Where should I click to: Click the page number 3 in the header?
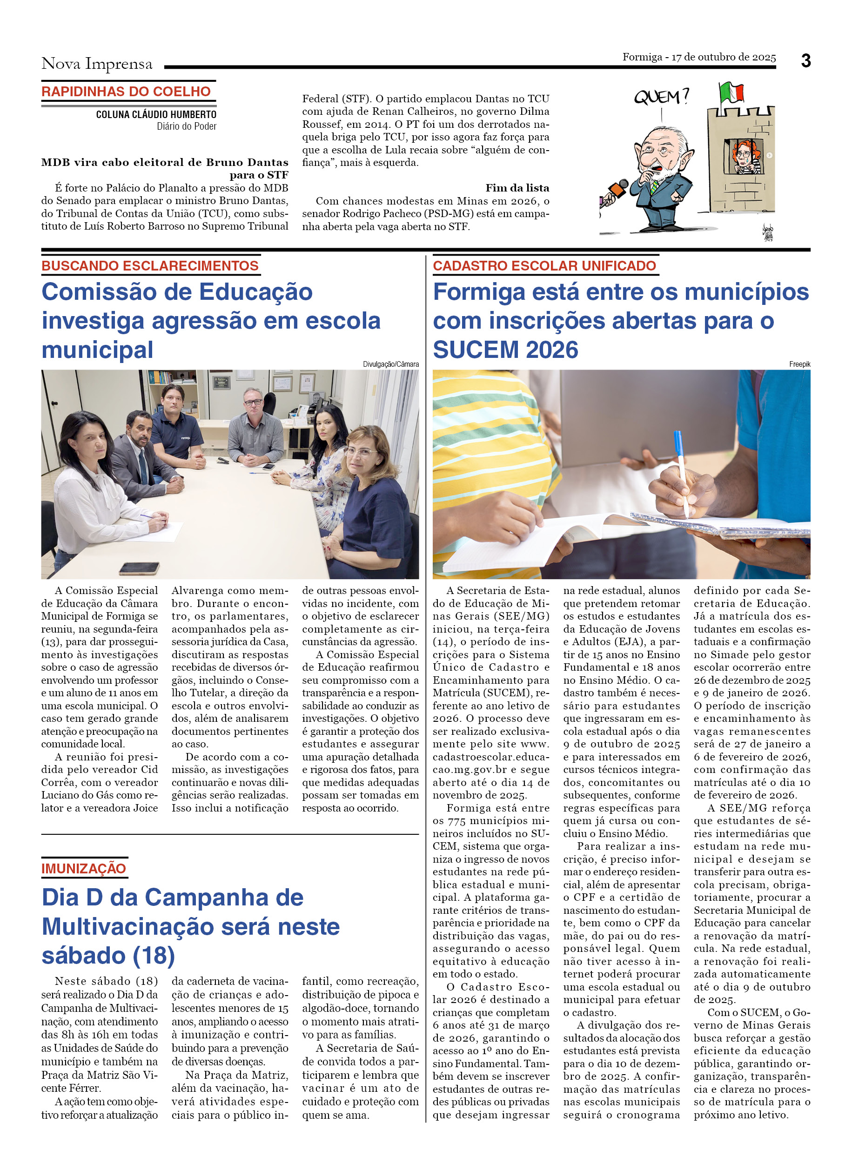(805, 61)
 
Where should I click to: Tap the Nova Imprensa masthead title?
(97, 64)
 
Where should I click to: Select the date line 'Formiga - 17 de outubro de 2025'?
(698, 57)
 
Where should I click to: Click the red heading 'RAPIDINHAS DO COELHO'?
(126, 92)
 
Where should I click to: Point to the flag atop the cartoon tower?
(731, 92)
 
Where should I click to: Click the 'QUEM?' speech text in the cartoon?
(661, 97)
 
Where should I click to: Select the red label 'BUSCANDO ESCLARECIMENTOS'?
(150, 266)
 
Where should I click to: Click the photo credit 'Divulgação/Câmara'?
(390, 364)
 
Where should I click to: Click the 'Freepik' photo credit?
(799, 364)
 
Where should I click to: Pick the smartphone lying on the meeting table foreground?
(139, 568)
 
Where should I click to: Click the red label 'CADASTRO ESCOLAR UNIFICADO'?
(544, 266)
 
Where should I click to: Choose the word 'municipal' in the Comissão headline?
(98, 350)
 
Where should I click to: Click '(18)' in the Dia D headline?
(154, 956)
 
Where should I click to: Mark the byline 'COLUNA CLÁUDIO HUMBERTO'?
(156, 114)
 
